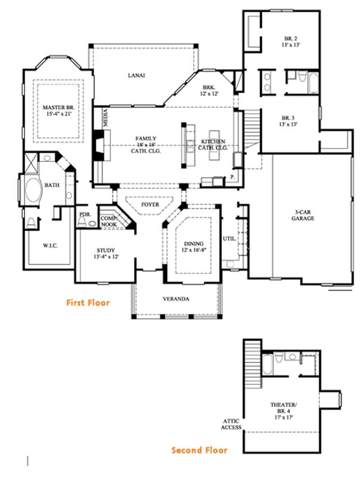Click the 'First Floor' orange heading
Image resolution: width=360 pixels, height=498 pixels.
click(x=88, y=303)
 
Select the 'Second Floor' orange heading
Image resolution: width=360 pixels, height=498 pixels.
click(x=199, y=450)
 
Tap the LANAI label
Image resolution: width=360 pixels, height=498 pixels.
click(x=136, y=76)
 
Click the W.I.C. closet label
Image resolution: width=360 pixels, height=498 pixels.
click(x=50, y=245)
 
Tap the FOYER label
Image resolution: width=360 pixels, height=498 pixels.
click(x=150, y=204)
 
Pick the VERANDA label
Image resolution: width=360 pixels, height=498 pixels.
click(x=176, y=299)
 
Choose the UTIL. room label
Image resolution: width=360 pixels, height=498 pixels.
click(x=229, y=239)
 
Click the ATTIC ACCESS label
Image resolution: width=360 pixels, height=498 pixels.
click(x=230, y=424)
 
